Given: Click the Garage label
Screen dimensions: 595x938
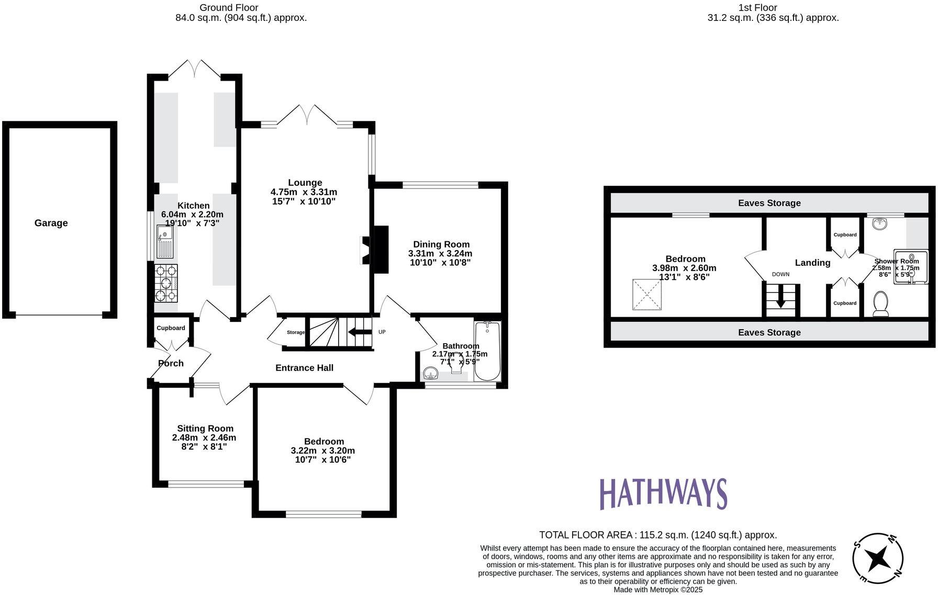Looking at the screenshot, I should click(x=51, y=223).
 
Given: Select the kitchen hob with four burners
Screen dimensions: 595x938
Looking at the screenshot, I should click(x=166, y=283).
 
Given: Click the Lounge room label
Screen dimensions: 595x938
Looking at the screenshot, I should click(x=305, y=183).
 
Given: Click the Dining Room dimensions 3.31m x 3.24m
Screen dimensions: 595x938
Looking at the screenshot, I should click(x=440, y=253).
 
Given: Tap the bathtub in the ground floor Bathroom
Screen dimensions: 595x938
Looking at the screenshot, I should click(x=487, y=351).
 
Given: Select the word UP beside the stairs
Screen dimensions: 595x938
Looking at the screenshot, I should click(x=382, y=332).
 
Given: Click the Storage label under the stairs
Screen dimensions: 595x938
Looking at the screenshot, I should click(x=295, y=332).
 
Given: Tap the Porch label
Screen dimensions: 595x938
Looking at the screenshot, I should click(x=171, y=363).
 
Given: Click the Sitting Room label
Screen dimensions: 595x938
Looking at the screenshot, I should click(x=205, y=428).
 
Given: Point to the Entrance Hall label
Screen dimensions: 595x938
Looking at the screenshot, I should click(x=304, y=368).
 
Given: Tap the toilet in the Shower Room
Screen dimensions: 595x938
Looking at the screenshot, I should click(x=881, y=304).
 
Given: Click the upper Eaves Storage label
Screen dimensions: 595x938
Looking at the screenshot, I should click(x=769, y=203).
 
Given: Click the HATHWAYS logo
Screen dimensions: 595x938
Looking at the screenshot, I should click(x=663, y=494).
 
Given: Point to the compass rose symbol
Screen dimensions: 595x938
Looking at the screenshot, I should click(x=877, y=559).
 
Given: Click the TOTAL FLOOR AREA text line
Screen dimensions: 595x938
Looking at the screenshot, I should click(x=658, y=535).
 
